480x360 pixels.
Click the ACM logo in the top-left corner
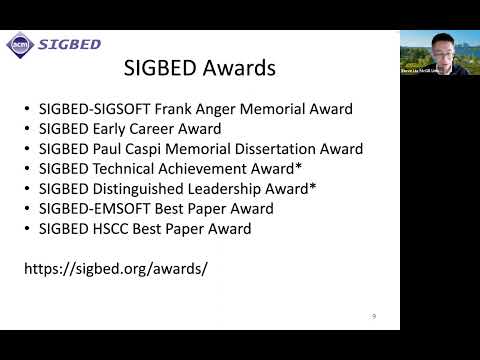point(19,44)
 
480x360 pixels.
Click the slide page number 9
point(374,316)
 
